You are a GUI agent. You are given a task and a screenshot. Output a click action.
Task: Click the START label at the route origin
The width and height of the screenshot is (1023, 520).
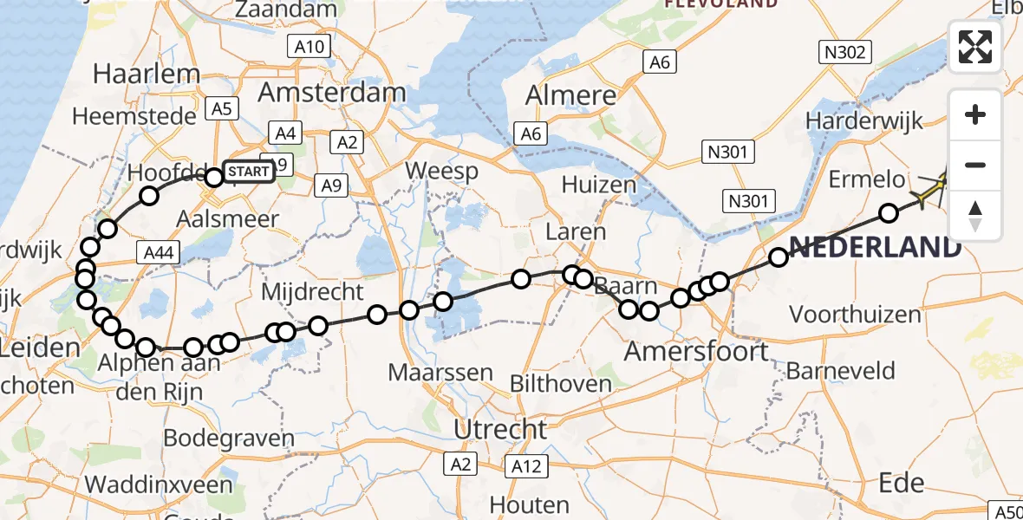[x=250, y=172]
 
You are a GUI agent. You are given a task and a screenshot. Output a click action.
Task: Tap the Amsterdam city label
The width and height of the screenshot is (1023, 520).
[x=332, y=93]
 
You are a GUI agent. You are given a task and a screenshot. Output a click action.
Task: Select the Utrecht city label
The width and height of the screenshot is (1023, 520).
[x=502, y=428]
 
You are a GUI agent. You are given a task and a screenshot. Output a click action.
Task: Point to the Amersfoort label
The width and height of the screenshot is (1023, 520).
[x=697, y=351]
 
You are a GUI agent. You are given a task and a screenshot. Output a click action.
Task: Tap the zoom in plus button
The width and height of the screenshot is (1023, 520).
[x=975, y=114]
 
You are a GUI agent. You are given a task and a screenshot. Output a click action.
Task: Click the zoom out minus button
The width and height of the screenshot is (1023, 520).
[x=975, y=165]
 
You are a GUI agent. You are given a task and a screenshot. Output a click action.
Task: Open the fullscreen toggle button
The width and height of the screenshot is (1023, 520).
[x=975, y=47]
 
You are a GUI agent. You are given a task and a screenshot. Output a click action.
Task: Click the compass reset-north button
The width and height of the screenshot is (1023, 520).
[x=975, y=215]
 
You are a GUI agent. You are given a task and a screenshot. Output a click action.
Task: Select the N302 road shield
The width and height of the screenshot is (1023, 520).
[x=844, y=53]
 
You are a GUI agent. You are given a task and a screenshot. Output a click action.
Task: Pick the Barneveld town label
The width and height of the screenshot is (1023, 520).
[x=840, y=372]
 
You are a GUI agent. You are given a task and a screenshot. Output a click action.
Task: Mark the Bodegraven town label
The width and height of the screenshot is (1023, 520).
[x=229, y=438]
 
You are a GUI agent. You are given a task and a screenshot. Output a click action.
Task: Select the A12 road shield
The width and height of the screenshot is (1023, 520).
[x=525, y=466]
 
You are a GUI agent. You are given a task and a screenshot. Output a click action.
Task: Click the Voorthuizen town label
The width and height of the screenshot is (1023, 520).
[x=854, y=315]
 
